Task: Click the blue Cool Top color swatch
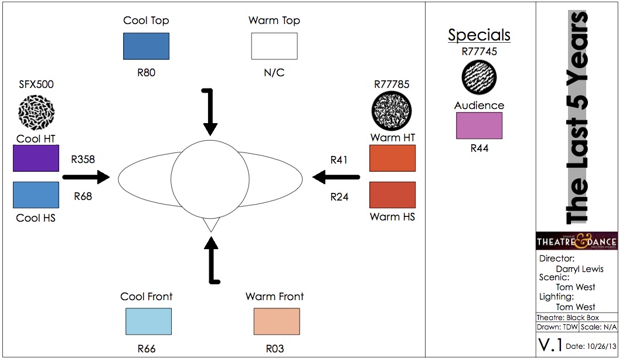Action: (x=146, y=46)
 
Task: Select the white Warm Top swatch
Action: (x=274, y=46)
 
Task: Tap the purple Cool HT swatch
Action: (x=36, y=158)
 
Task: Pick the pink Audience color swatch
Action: (x=479, y=125)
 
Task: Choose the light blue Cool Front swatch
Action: (x=148, y=321)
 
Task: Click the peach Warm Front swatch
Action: (x=277, y=321)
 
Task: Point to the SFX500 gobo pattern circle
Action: (x=36, y=110)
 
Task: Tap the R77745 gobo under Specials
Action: (x=479, y=77)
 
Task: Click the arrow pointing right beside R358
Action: (x=86, y=176)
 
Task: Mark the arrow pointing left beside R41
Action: (x=336, y=176)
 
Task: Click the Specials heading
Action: (x=479, y=35)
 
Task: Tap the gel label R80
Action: (x=147, y=73)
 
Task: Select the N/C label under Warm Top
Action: (x=274, y=73)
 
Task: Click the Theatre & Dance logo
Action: (x=576, y=241)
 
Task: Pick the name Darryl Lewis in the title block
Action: (x=579, y=269)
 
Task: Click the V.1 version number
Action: (x=550, y=345)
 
